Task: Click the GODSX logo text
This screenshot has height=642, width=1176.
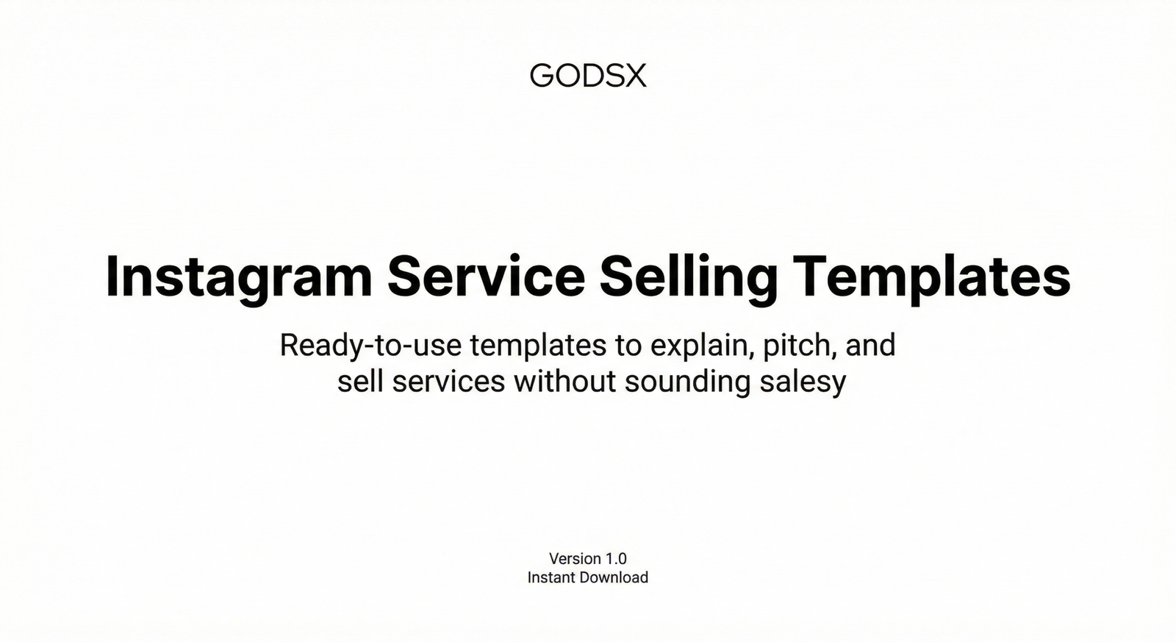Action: point(587,76)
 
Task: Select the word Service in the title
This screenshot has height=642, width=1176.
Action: point(486,276)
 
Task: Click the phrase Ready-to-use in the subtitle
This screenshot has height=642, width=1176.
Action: point(370,346)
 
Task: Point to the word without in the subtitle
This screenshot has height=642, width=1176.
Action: point(565,381)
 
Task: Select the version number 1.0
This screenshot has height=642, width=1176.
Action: point(617,558)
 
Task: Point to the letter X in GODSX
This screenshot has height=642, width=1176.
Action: point(636,76)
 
